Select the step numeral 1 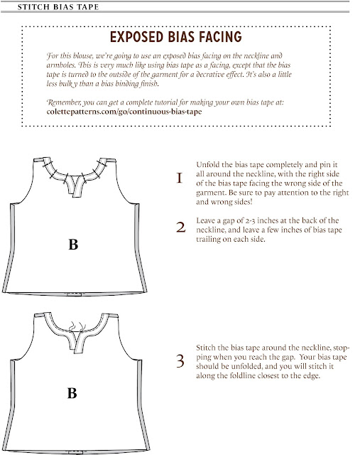[x=180, y=178]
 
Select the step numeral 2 [x=180, y=227]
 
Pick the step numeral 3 [x=180, y=360]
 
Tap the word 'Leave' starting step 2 [x=203, y=220]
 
